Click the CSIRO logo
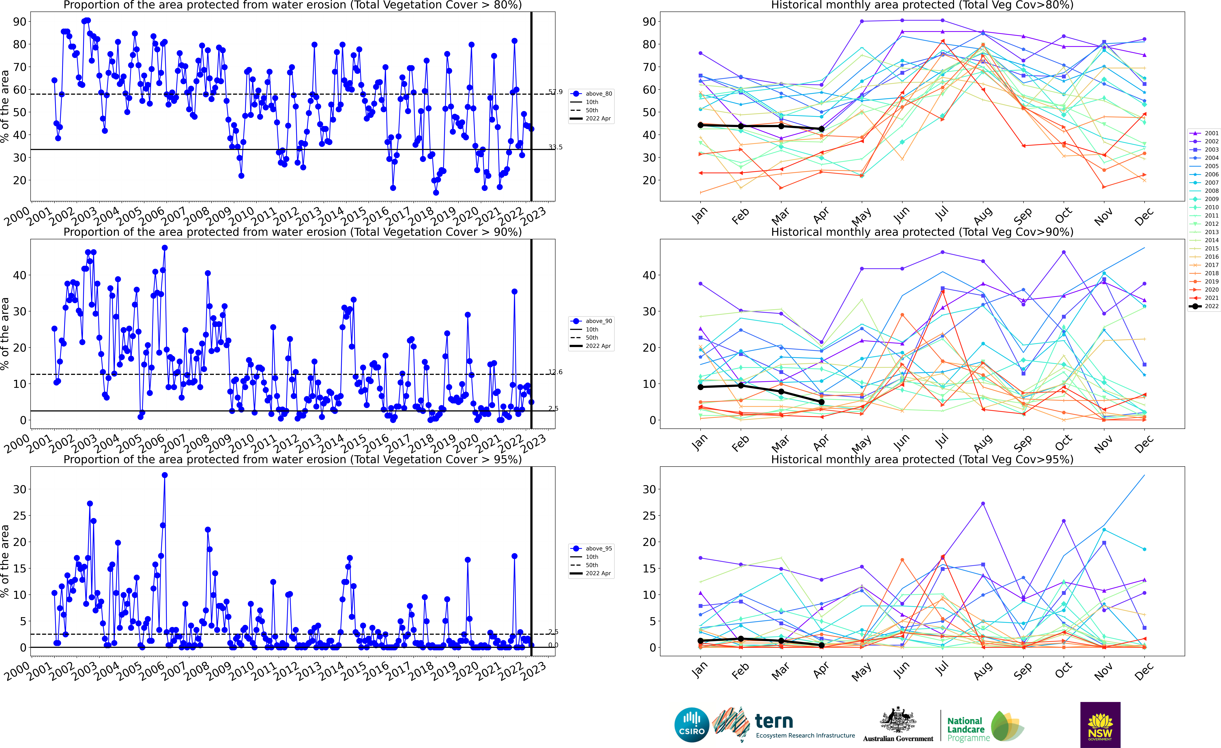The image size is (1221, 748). coord(692,725)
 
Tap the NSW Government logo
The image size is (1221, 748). coord(1100,725)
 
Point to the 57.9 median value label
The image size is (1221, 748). coord(555,92)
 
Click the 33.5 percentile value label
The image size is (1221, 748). coord(555,147)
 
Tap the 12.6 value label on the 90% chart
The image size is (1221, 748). coord(555,372)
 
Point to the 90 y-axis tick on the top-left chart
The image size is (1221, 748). coord(20,22)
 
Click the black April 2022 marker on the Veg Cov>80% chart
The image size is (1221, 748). coord(822,129)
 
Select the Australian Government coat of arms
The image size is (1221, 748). coord(898,720)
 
